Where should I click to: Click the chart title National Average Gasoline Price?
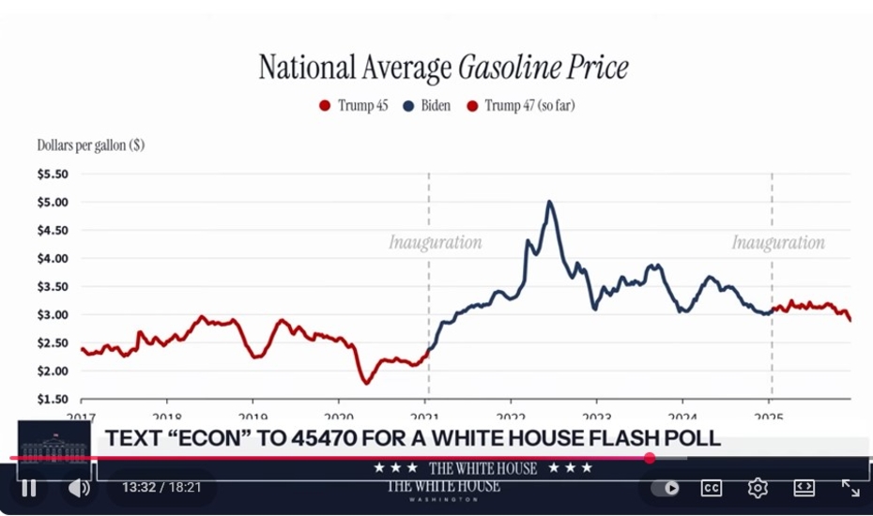click(x=443, y=68)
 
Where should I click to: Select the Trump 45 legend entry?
click(x=354, y=106)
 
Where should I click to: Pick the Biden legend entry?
click(x=427, y=106)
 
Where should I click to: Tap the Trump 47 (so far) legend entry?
click(x=521, y=106)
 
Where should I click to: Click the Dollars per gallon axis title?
click(x=90, y=145)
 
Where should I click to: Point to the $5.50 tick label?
click(x=53, y=175)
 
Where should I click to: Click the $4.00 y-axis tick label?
click(x=53, y=259)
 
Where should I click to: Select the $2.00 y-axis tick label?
click(x=53, y=372)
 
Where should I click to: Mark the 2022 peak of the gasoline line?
click(x=549, y=202)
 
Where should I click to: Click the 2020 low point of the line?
click(x=366, y=382)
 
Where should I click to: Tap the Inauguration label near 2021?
click(x=435, y=243)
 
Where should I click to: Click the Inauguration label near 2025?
click(x=778, y=243)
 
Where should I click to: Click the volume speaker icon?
click(x=79, y=488)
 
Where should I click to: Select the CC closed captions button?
click(x=712, y=488)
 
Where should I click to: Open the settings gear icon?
click(x=758, y=488)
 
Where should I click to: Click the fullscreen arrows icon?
click(x=850, y=488)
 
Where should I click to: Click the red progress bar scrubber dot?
click(x=650, y=458)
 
